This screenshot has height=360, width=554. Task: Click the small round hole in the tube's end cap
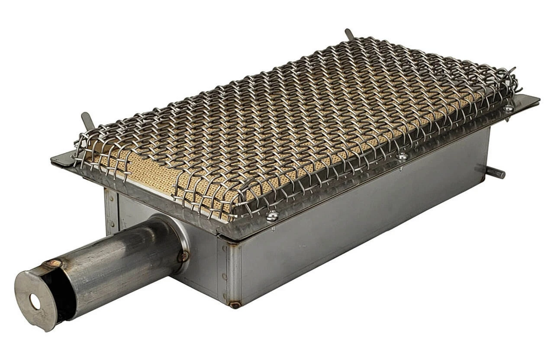[x=35, y=302]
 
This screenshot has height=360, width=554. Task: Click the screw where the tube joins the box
[x=183, y=256]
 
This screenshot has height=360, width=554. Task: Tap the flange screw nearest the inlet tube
[x=272, y=215]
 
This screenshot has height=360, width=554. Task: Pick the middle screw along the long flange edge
[x=402, y=156]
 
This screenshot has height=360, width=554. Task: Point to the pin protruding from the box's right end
[x=496, y=172]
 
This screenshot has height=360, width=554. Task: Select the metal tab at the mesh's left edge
[x=87, y=120]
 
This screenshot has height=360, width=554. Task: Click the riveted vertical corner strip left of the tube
[x=111, y=212]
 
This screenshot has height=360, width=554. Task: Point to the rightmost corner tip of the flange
[x=538, y=99]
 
